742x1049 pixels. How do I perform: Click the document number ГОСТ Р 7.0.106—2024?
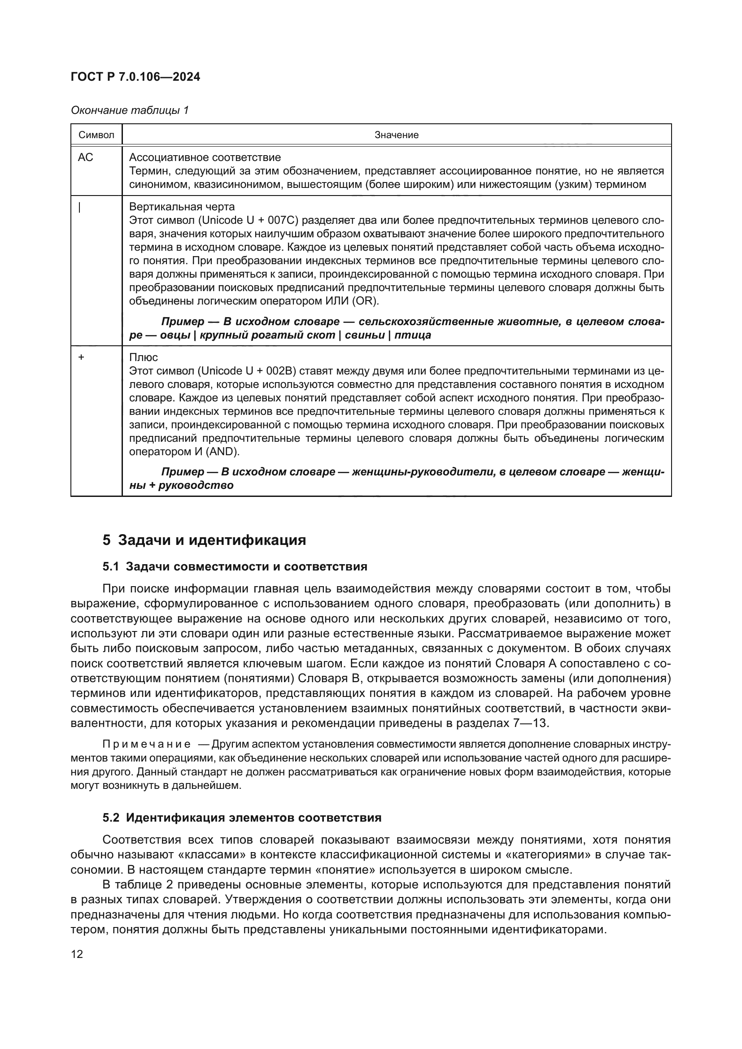pos(135,77)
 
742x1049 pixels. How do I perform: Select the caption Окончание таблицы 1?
pos(130,110)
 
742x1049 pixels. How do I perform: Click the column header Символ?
pos(96,135)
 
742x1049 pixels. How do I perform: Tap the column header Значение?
pos(396,135)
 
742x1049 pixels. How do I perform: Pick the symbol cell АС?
pos(85,157)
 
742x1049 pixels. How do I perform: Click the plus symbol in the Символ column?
pos(81,357)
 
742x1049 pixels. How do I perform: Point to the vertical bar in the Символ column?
pos(80,208)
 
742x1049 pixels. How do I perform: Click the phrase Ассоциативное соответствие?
pos(205,157)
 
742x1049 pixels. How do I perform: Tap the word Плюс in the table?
pos(144,357)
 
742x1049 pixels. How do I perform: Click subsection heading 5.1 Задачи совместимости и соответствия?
pos(235,567)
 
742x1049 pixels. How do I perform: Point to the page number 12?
pos(77,954)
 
